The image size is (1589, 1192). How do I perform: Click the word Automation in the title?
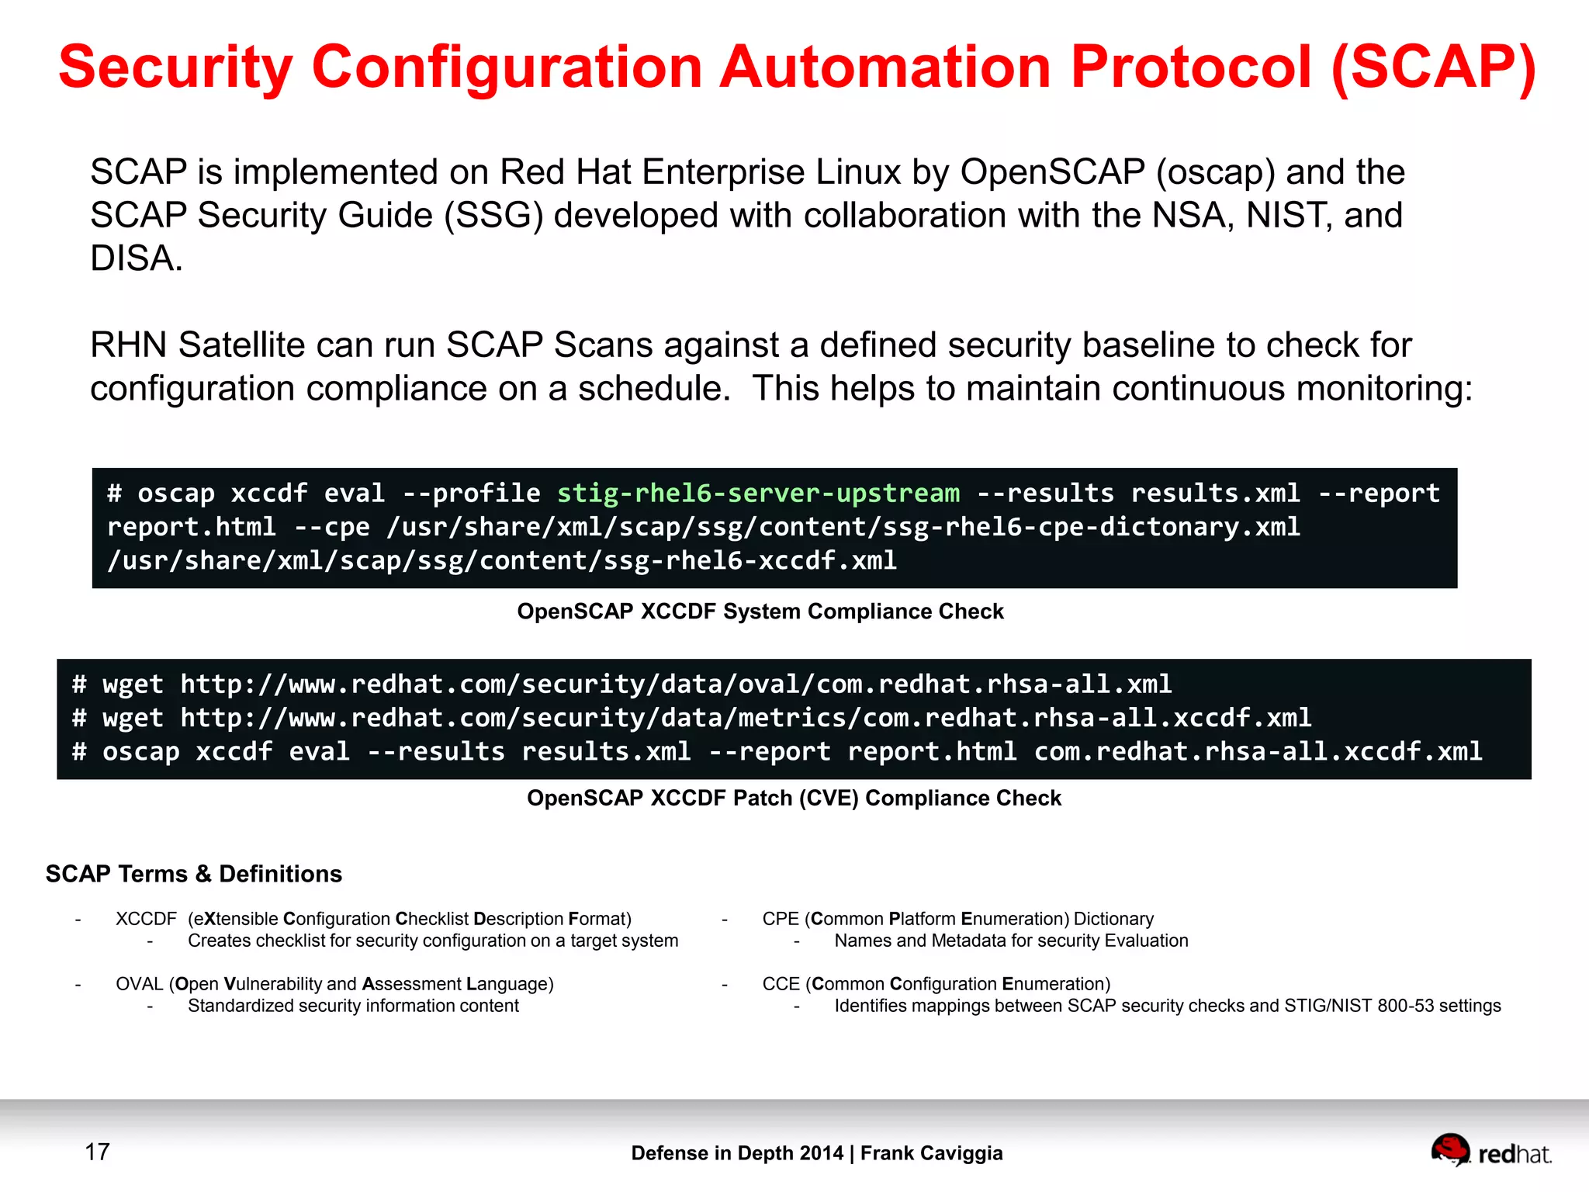coord(885,67)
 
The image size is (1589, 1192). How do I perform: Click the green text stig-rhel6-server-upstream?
coord(758,494)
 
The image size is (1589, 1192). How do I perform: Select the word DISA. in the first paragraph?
coord(137,258)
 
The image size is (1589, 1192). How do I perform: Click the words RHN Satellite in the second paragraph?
coord(197,345)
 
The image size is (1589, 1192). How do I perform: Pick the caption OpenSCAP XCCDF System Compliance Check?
coord(760,612)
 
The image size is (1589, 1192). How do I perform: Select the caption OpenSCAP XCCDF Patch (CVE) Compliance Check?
coord(793,799)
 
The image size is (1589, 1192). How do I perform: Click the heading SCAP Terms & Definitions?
coord(193,874)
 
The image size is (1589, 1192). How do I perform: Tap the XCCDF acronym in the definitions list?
coord(146,919)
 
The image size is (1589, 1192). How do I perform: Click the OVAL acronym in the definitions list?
coord(139,984)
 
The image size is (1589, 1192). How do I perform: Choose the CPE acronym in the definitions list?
coord(780,919)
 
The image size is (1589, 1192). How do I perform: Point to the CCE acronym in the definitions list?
coord(780,984)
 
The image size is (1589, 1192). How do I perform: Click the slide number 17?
coord(97,1152)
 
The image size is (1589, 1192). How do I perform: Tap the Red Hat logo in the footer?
coord(1490,1152)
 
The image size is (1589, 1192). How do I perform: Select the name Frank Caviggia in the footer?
coord(931,1153)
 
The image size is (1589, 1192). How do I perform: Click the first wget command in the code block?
coord(133,684)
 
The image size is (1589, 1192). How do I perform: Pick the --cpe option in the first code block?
coord(331,527)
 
